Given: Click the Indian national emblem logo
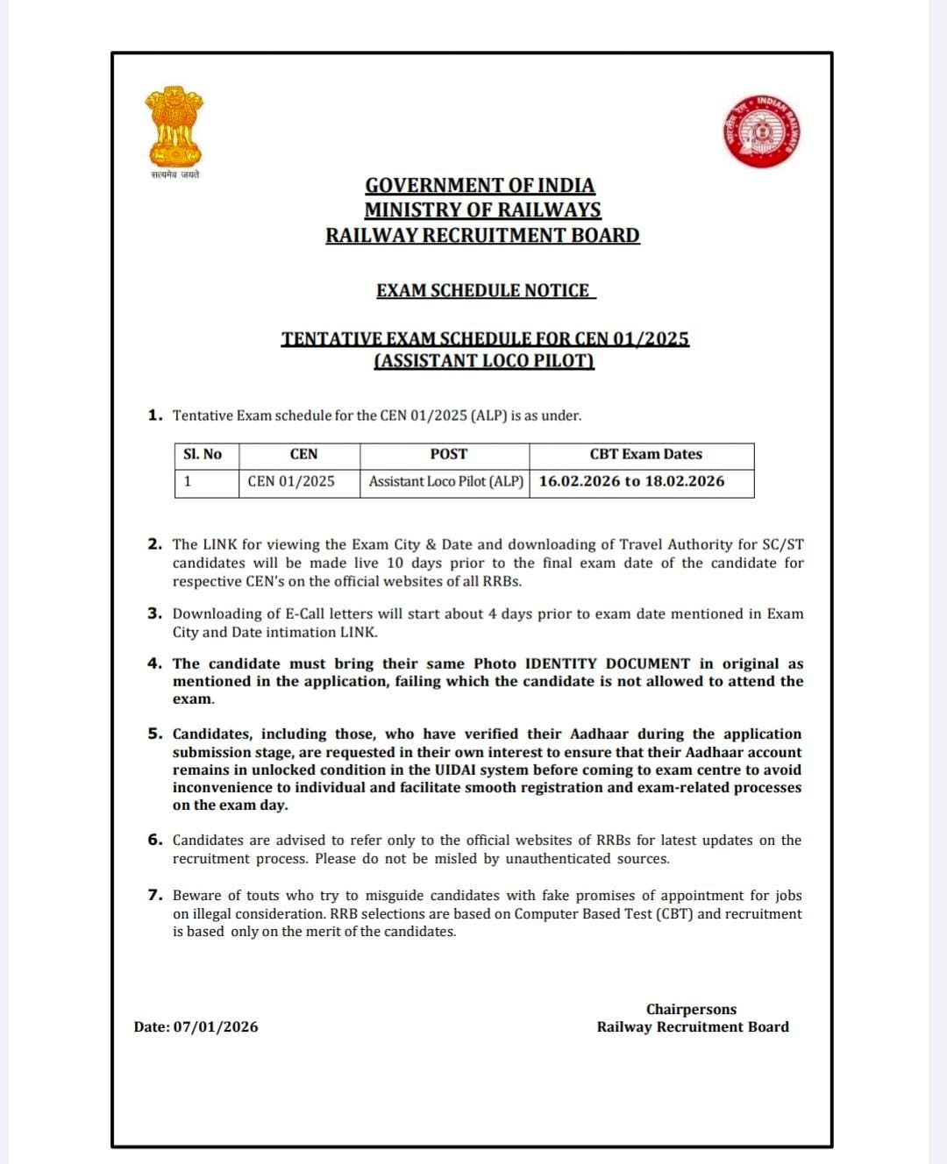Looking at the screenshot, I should (x=174, y=127).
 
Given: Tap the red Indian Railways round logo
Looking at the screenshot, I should (x=761, y=131).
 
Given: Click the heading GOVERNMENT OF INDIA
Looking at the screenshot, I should (x=480, y=186).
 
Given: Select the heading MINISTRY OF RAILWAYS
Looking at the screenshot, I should (x=482, y=210).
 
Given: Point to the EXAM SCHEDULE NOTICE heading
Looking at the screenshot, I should (x=483, y=291).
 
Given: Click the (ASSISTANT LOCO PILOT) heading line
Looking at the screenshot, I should (x=484, y=361).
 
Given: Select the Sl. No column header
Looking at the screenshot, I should (x=203, y=454).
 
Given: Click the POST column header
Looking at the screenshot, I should (x=448, y=454).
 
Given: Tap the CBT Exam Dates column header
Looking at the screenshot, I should (x=645, y=454).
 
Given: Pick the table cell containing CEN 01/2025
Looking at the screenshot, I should (x=291, y=481).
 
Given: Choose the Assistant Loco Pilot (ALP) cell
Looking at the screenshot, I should (x=445, y=481).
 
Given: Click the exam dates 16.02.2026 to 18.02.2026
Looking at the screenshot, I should (x=631, y=481).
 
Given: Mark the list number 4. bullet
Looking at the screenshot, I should (x=154, y=664).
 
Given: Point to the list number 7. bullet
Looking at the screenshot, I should (x=154, y=895).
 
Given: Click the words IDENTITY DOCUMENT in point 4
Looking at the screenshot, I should (x=607, y=664).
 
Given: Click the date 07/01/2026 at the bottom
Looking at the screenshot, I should (x=216, y=1026).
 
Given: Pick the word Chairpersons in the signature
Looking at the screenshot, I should (x=691, y=1009).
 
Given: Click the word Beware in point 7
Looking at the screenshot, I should (x=196, y=895).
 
